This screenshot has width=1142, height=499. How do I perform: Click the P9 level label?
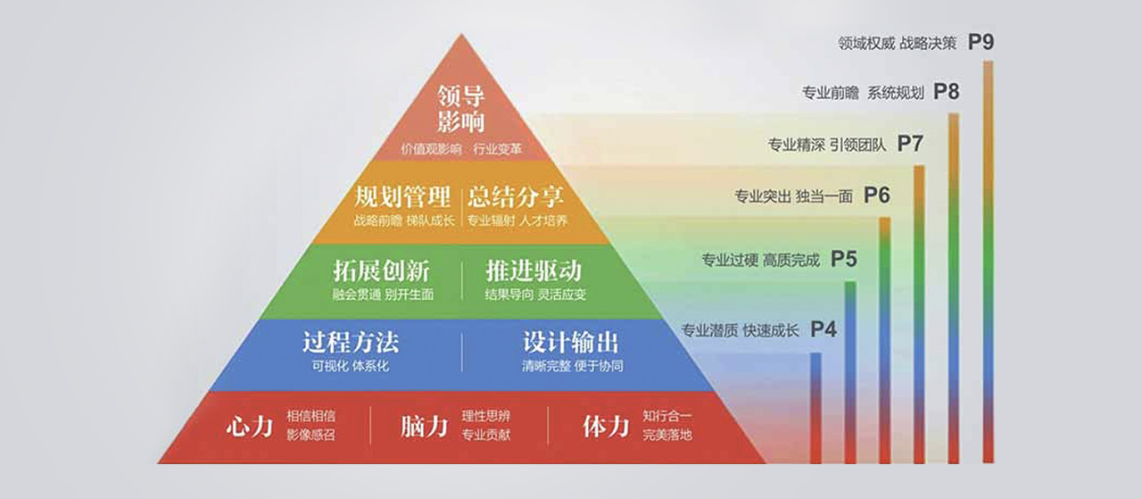[981, 42]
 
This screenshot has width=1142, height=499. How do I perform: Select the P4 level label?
[823, 329]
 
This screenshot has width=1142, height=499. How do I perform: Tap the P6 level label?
[877, 195]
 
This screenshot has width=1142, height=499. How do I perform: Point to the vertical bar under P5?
[850, 372]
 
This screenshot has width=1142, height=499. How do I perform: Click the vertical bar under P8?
[954, 288]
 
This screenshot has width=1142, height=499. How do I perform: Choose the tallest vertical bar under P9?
[988, 262]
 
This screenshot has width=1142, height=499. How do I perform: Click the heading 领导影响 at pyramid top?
[461, 109]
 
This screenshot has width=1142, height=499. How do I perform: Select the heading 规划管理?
[402, 197]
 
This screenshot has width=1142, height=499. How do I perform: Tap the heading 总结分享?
[516, 197]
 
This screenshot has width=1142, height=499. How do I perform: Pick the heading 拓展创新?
[381, 270]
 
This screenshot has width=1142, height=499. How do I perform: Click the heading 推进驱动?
[534, 270]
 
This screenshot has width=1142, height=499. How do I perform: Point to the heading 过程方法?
[351, 343]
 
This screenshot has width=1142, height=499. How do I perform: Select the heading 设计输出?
[571, 343]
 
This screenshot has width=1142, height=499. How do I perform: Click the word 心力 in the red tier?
[250, 426]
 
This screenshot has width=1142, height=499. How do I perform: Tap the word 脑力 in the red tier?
[425, 426]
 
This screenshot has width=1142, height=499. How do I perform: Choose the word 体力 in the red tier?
[606, 426]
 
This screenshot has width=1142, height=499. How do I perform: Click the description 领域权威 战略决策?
[898, 44]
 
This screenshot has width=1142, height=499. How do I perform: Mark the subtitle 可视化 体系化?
[351, 366]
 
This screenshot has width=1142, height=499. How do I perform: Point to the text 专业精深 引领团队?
[827, 146]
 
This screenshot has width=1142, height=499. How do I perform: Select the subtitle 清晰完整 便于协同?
[572, 366]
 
